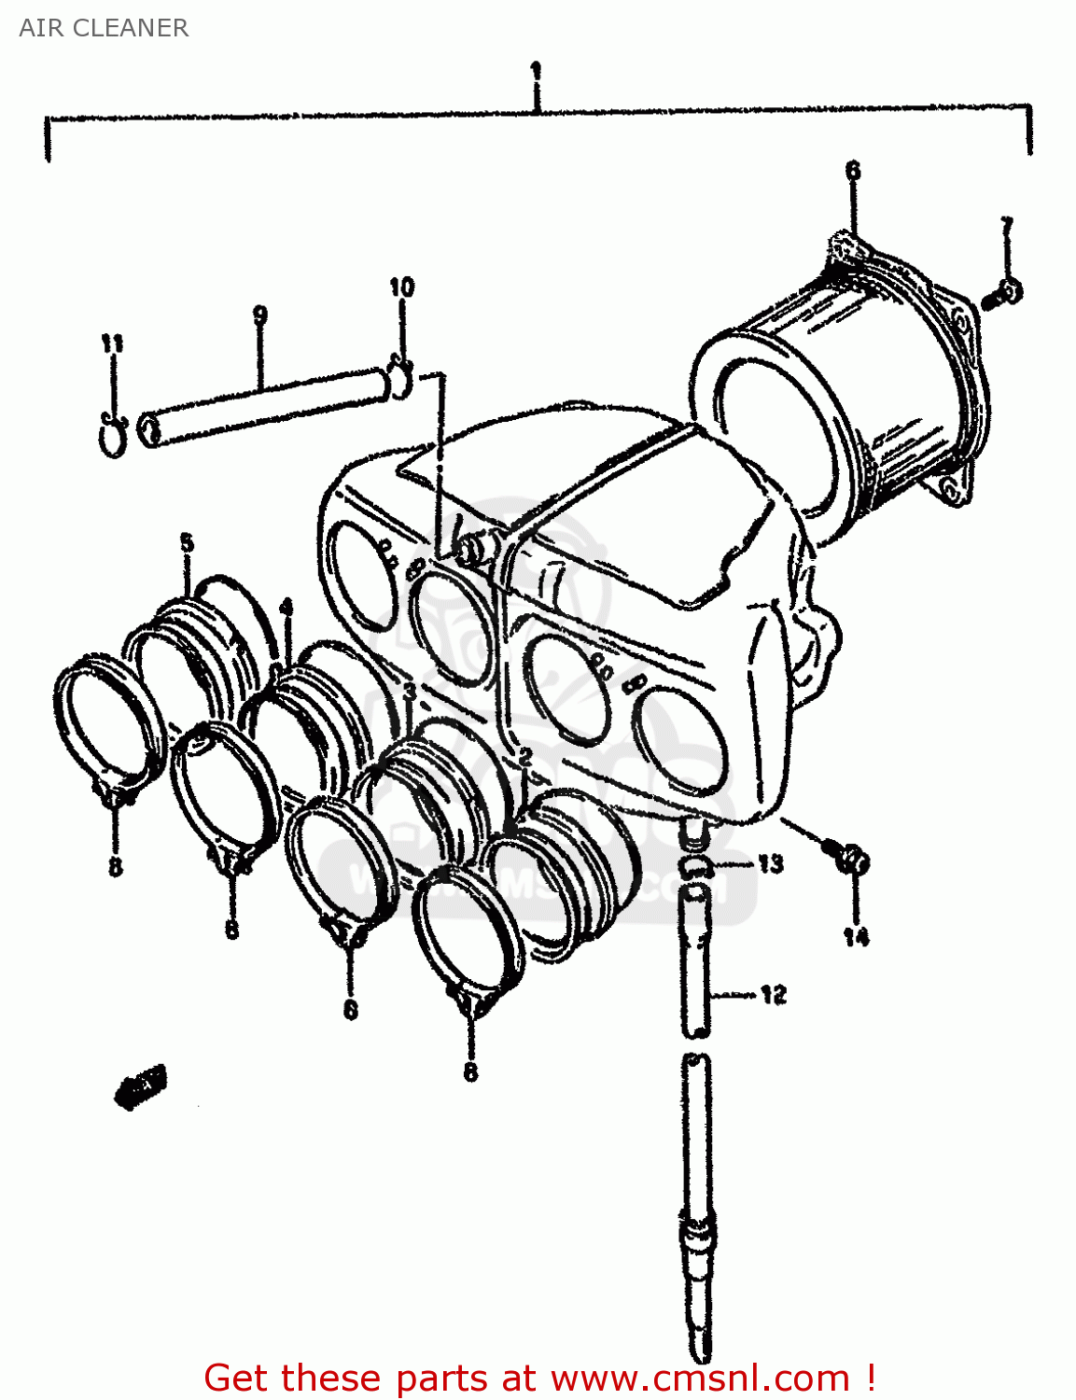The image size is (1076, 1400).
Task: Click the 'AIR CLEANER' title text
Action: coord(104,28)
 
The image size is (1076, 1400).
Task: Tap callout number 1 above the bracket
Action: coord(536,72)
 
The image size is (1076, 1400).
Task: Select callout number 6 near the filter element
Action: coord(852,171)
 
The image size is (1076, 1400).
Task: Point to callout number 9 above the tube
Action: coord(259,315)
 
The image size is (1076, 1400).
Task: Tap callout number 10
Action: coord(401,287)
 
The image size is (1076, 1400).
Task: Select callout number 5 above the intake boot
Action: coord(187,542)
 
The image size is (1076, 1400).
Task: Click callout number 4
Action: coord(286,608)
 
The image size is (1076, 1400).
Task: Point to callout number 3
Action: coord(409,691)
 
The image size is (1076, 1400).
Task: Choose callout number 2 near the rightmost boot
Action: coord(525,756)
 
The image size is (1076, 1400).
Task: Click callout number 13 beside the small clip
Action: coord(770,863)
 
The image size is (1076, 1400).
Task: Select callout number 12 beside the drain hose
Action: coord(773,995)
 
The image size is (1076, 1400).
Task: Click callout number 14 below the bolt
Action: coord(856,936)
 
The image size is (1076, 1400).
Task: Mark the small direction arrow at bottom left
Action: coord(141,1086)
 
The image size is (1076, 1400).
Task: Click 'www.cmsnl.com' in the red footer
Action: coord(700,1378)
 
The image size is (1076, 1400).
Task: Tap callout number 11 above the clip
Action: coord(112,343)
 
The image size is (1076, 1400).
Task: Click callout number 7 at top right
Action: coord(1006,227)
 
